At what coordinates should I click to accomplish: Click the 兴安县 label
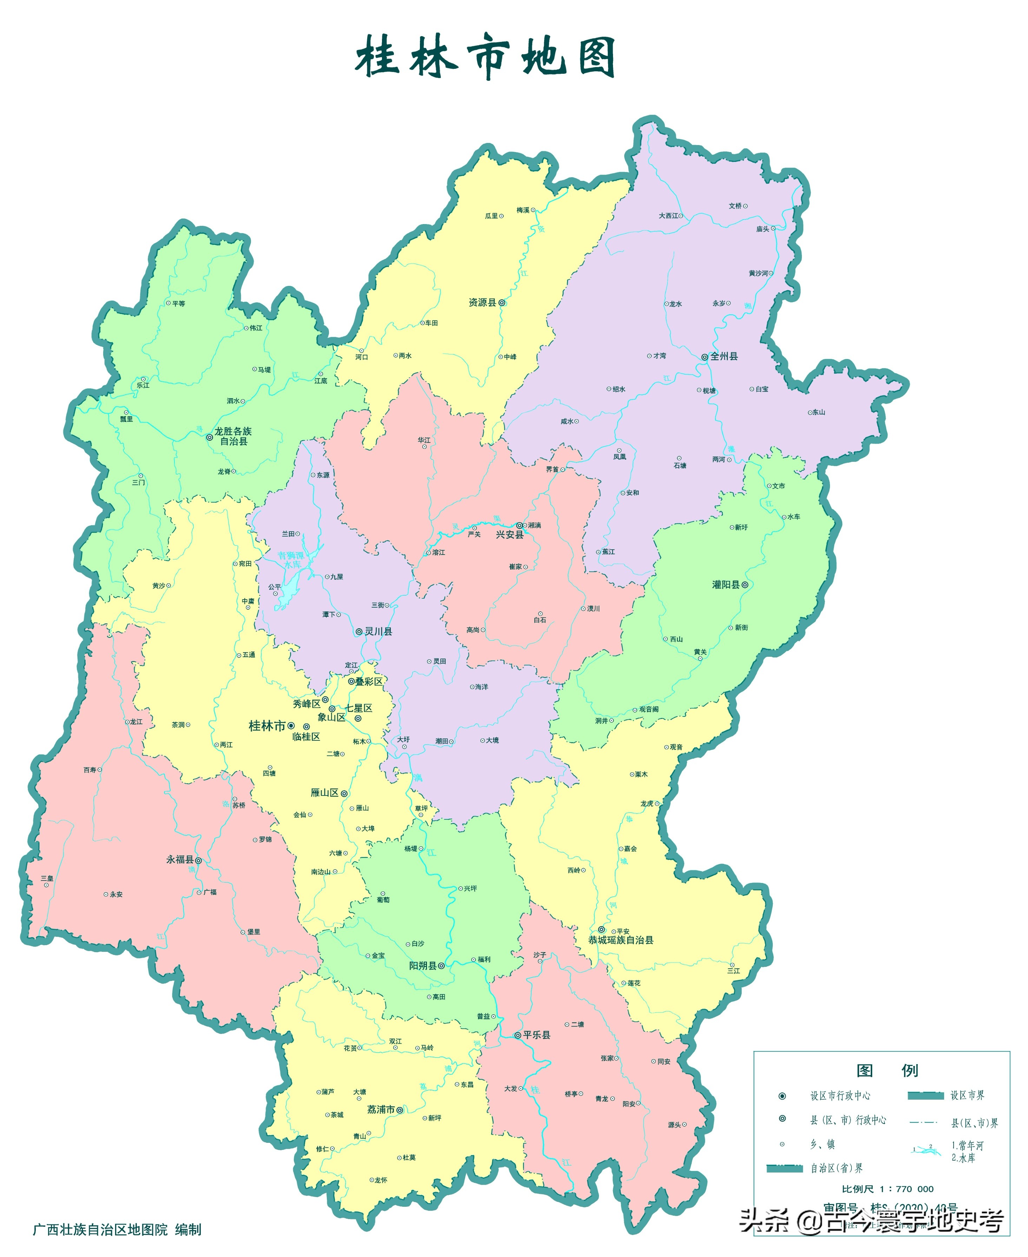pos(509,535)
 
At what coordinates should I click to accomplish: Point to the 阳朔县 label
pos(422,965)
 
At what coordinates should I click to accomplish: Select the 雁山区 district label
pos(324,793)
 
